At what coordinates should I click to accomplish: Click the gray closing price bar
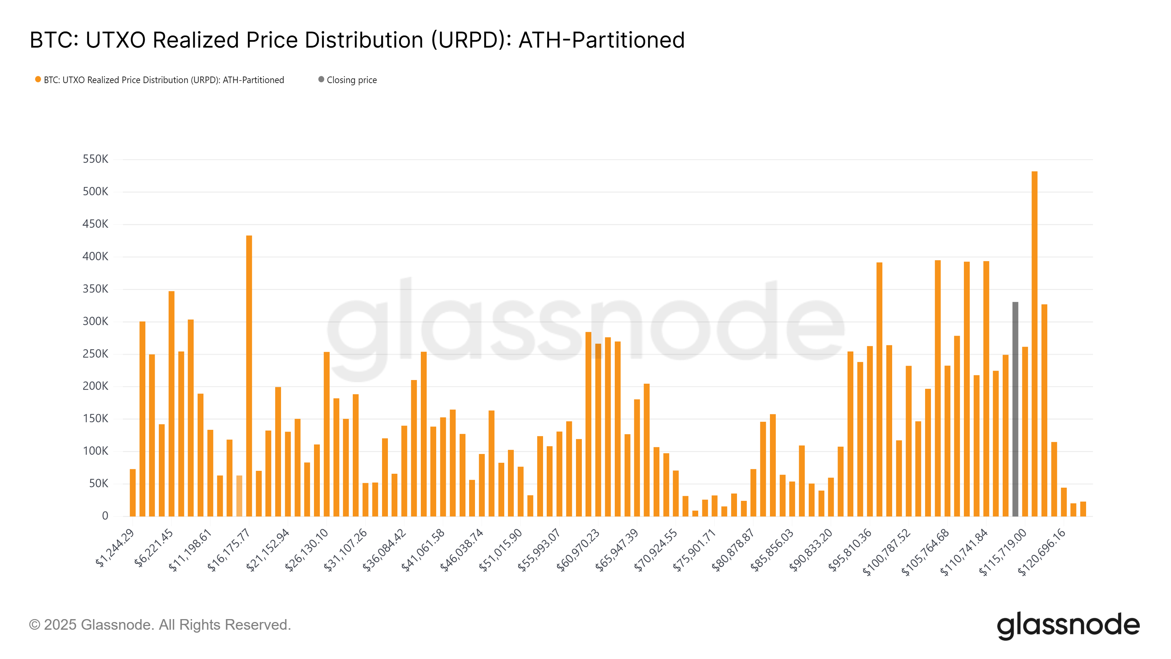(1015, 409)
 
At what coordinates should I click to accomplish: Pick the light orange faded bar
(239, 496)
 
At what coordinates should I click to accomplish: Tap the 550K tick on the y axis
(96, 159)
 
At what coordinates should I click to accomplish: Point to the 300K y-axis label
(96, 321)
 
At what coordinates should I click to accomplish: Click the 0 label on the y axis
(105, 516)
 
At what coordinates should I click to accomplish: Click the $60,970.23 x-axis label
(578, 550)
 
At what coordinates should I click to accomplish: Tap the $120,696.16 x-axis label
(1041, 552)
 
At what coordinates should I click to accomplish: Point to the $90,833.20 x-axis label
(810, 550)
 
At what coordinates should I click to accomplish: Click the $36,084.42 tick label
(384, 550)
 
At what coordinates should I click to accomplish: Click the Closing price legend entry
(351, 80)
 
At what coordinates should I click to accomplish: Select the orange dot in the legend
(38, 79)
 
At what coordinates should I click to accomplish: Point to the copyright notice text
(160, 625)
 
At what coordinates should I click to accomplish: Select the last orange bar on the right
(1083, 509)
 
